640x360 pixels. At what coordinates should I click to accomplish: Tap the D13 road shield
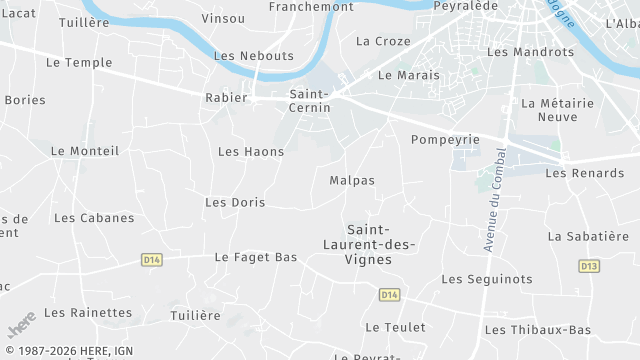(x=589, y=266)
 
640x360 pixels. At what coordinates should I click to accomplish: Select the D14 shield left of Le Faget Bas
(x=152, y=260)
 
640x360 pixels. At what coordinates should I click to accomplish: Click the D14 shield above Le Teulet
(x=390, y=295)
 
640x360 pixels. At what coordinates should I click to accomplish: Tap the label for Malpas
(x=352, y=181)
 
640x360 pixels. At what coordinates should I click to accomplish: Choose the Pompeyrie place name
(x=446, y=140)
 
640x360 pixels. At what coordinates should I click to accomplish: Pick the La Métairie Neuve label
(x=558, y=110)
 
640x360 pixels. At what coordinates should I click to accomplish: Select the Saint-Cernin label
(x=311, y=100)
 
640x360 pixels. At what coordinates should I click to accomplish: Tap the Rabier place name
(x=226, y=98)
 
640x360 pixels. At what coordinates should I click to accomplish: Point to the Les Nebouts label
(x=254, y=56)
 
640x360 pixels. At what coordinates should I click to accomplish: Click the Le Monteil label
(x=85, y=151)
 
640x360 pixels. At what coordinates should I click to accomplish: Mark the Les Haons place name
(x=251, y=152)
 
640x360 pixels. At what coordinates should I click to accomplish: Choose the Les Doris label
(x=235, y=202)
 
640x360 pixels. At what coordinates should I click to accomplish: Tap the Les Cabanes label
(x=94, y=218)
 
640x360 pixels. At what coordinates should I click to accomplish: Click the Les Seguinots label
(x=487, y=279)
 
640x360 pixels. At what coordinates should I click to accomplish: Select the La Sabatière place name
(x=588, y=236)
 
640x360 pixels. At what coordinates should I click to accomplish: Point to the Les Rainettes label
(x=88, y=313)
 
